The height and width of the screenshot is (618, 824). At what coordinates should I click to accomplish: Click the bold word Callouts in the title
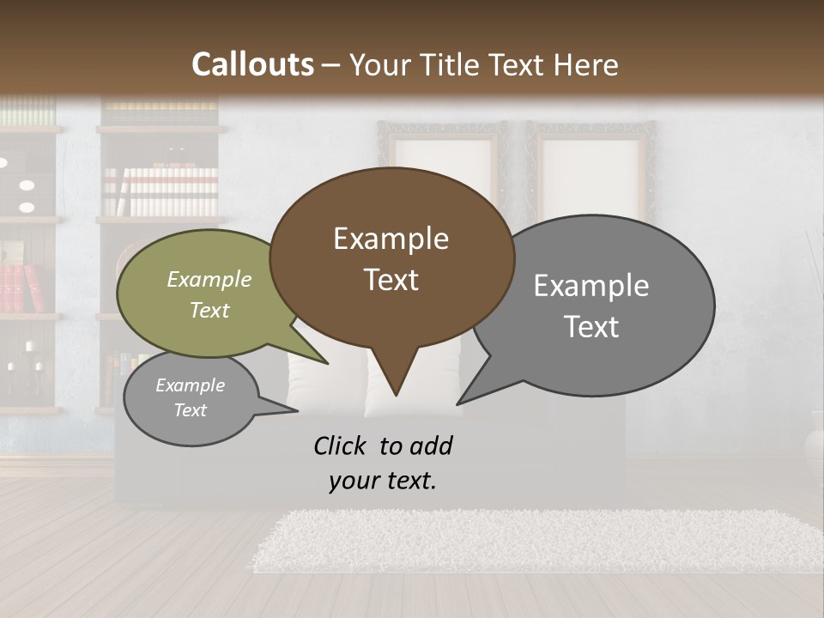click(252, 64)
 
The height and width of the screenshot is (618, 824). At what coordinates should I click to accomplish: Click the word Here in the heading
click(585, 64)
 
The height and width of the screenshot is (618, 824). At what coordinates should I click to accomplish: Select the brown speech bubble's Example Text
click(391, 258)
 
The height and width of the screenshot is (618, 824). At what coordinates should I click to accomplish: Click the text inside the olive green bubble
click(209, 294)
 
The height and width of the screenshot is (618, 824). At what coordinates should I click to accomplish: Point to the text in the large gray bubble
click(591, 306)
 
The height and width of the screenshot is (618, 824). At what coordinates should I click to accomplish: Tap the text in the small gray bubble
click(190, 397)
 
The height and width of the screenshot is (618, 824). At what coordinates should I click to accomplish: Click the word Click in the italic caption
click(340, 445)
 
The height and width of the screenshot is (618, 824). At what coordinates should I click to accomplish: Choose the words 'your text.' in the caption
click(383, 481)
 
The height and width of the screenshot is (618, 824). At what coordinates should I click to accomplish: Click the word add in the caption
click(431, 445)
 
